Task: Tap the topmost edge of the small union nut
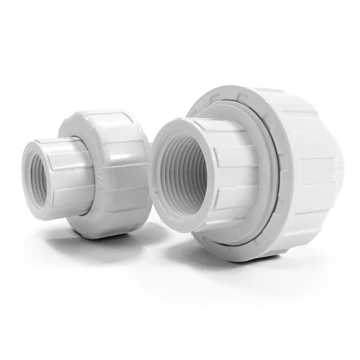tap(99, 110)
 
